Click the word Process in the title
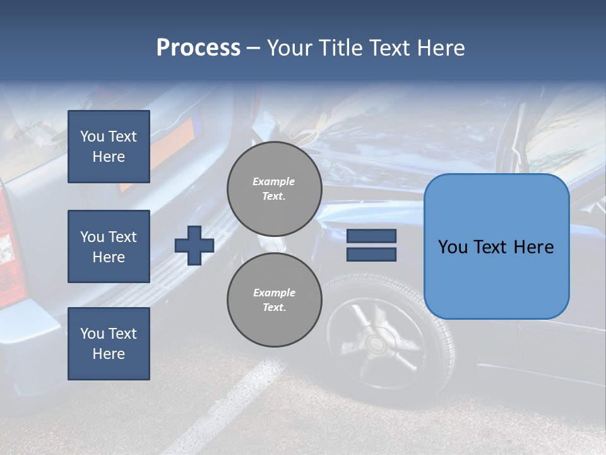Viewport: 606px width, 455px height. click(198, 48)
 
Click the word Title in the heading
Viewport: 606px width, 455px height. click(340, 48)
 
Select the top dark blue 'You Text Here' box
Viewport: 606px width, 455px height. click(109, 147)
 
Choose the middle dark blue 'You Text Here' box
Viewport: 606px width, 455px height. click(109, 246)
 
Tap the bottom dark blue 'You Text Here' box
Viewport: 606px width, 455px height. click(109, 343)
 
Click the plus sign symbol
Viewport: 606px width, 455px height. click(194, 245)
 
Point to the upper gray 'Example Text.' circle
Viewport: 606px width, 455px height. click(274, 189)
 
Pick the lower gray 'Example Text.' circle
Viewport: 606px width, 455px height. click(274, 300)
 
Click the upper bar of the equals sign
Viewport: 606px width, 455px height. click(371, 236)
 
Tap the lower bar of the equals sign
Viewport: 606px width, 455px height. click(371, 254)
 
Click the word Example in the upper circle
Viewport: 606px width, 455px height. click(274, 181)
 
